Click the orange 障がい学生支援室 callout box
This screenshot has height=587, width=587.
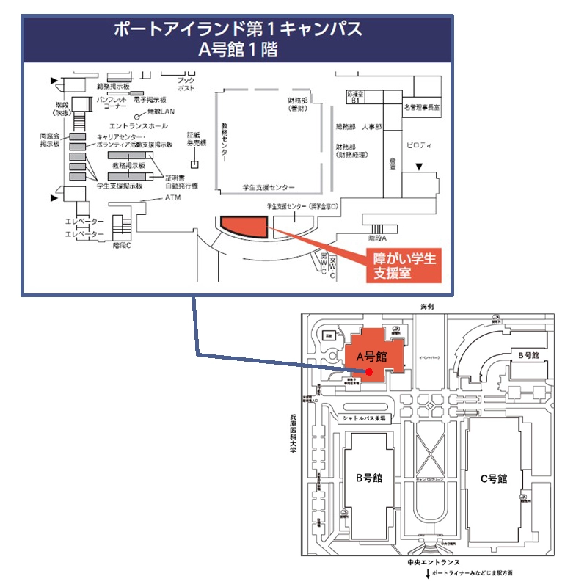[403, 266]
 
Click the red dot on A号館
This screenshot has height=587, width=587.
[369, 372]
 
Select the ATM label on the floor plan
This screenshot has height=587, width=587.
[172, 198]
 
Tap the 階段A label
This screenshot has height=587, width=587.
[377, 239]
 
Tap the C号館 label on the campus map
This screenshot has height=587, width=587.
[493, 478]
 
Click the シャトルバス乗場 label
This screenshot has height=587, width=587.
[368, 418]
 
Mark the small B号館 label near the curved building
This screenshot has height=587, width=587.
[528, 355]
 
